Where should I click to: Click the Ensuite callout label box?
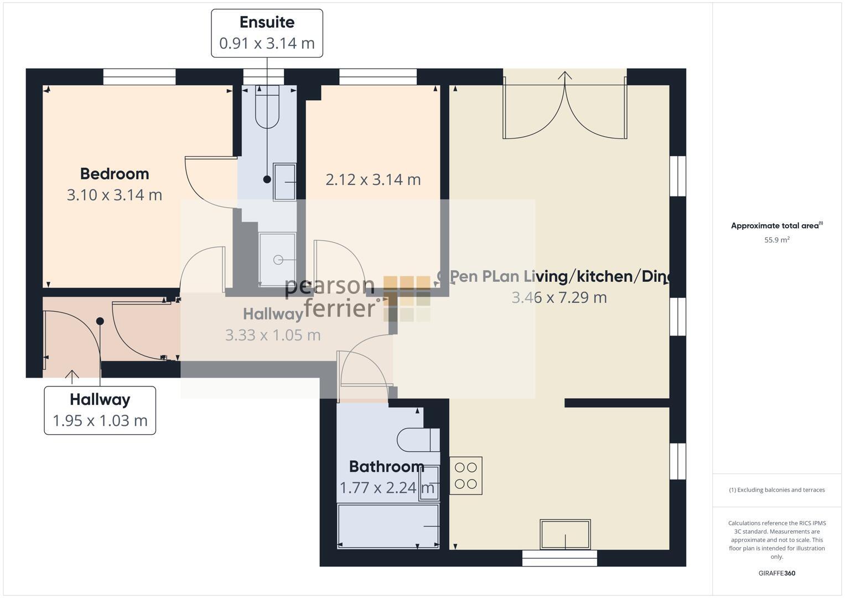coord(267,33)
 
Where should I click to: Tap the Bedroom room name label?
coord(115,174)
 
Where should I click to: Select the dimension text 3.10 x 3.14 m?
coord(115,195)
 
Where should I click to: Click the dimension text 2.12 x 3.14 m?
coord(373,180)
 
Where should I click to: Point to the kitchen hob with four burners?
coord(465,476)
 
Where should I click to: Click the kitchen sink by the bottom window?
coord(565,534)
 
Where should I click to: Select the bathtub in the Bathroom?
coord(388,525)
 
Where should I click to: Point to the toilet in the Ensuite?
coord(267,108)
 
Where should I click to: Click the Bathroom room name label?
coord(386,467)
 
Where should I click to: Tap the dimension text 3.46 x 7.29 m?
coord(559,297)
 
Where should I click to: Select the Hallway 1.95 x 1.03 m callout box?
coord(100,410)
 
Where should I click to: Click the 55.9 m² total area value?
coord(776,240)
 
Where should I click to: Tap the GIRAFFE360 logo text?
coord(776,573)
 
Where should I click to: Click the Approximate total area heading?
coord(776,226)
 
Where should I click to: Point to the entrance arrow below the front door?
coord(72,375)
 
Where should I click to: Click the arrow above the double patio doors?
coord(564,76)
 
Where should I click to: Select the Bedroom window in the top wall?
coord(139,77)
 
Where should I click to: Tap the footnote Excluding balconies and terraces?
coord(776,490)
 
